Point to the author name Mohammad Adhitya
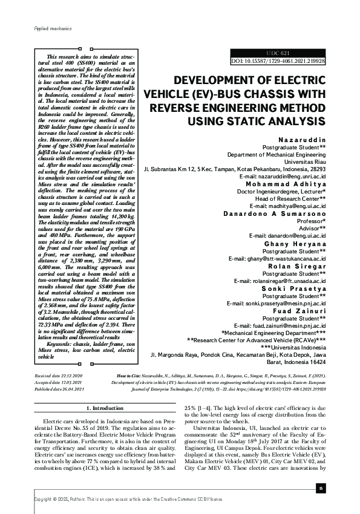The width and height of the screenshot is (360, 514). pyautogui.click(x=293, y=183)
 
